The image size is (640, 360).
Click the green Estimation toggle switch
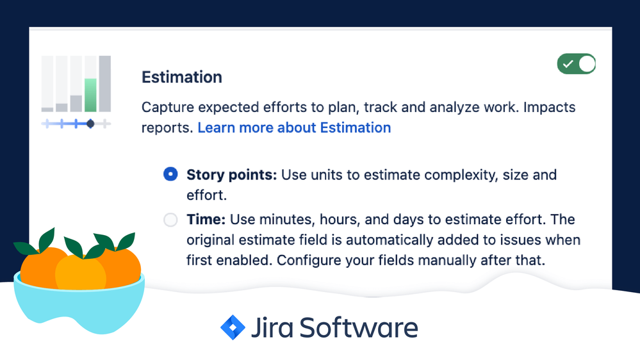click(x=577, y=64)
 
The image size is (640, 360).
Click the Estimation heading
click(x=181, y=78)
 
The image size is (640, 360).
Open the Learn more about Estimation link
click(x=294, y=127)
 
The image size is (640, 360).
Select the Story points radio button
click(x=170, y=174)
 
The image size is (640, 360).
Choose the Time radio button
click(x=170, y=220)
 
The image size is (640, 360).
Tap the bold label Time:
click(x=206, y=220)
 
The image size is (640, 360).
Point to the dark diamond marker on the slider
click(x=90, y=123)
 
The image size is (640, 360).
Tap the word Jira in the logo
click(x=272, y=327)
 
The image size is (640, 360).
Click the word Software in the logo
click(x=359, y=327)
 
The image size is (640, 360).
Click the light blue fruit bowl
click(x=77, y=307)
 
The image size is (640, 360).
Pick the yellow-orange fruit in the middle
click(x=80, y=272)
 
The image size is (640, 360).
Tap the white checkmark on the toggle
click(x=567, y=64)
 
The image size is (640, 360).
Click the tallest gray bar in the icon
click(x=104, y=84)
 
